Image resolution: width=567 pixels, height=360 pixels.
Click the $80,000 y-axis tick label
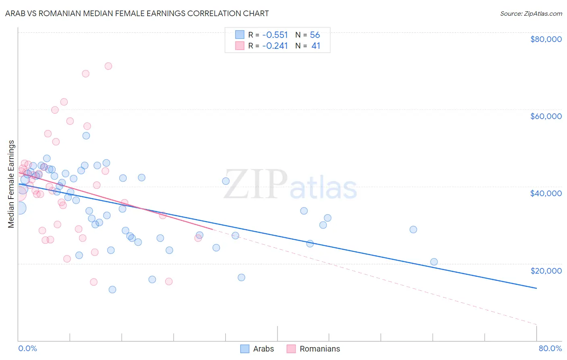coord(546,39)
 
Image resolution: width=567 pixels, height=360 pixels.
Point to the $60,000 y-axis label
coord(546,116)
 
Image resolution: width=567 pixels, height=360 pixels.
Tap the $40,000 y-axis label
coord(546,193)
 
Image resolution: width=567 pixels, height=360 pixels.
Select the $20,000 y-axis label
coord(546,270)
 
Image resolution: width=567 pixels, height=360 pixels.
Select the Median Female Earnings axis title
coord(11,184)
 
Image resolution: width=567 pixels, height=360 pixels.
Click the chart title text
coord(137,13)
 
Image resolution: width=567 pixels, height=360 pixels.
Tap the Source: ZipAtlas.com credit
coord(531,14)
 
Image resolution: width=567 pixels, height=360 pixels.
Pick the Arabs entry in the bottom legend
coord(263,349)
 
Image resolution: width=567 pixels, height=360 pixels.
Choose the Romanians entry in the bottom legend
coord(319,349)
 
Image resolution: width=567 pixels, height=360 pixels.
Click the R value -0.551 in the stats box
coord(275,35)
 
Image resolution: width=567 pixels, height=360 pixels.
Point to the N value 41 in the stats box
coord(316,46)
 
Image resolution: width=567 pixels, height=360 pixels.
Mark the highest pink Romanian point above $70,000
coord(108,66)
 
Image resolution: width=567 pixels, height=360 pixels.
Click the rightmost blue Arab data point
coord(434,262)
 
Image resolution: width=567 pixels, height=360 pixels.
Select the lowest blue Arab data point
coord(113,289)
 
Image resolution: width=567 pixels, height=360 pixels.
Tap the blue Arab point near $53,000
coord(86,136)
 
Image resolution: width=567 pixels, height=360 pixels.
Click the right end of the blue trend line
coord(536,288)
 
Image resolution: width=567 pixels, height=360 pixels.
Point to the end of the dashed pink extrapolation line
coord(536,324)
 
